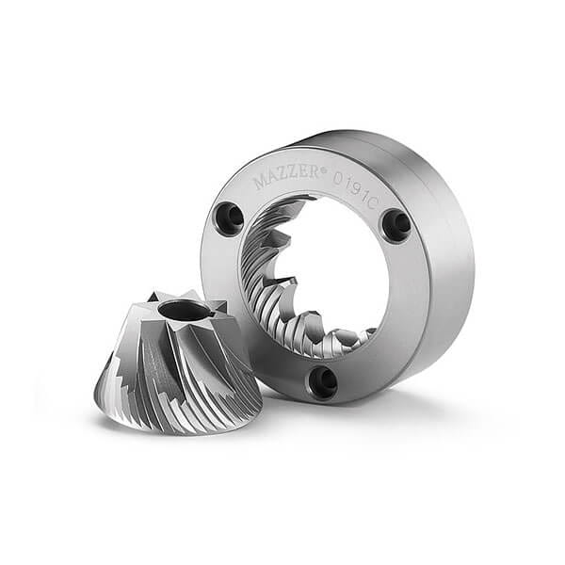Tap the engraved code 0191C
click(x=355, y=188)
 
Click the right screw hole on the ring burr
click(x=397, y=222)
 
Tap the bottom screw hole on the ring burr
click(x=323, y=381)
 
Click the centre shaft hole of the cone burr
click(x=183, y=310)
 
